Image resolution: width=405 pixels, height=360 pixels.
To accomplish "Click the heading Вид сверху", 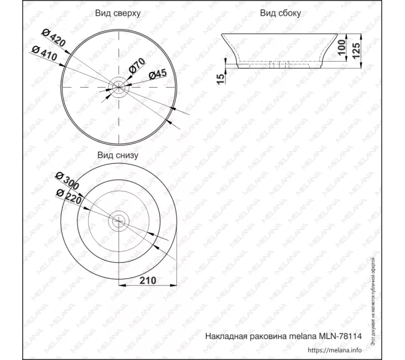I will (118, 13).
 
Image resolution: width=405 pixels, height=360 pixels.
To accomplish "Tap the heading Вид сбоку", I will (281, 13).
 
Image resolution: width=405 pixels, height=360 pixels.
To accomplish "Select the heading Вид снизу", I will (118, 155).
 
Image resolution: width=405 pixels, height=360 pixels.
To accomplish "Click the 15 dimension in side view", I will (221, 76).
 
